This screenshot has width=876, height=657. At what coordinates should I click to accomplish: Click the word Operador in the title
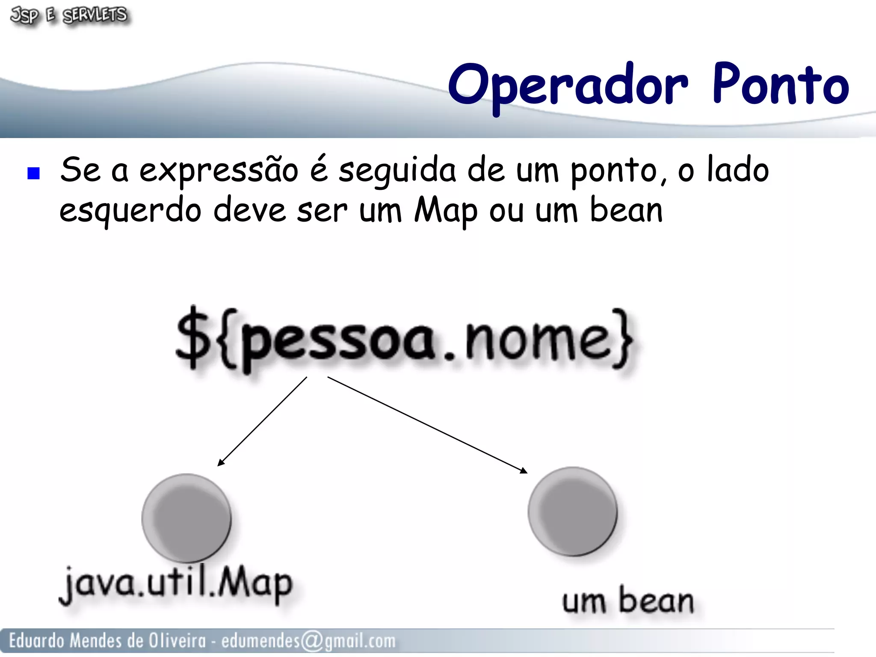click(x=568, y=85)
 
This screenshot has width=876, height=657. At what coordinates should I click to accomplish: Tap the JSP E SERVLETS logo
click(x=68, y=15)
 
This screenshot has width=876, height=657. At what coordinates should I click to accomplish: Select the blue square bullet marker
click(x=33, y=173)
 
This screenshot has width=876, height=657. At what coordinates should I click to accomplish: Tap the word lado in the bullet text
click(x=737, y=170)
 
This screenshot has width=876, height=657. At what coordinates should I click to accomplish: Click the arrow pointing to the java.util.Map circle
click(x=262, y=421)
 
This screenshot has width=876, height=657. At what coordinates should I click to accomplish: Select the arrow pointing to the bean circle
click(x=428, y=425)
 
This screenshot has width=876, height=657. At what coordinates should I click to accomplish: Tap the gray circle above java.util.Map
click(x=186, y=518)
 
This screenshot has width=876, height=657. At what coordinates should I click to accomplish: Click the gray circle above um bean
click(x=572, y=511)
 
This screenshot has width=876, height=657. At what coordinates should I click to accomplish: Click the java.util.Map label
click(x=176, y=584)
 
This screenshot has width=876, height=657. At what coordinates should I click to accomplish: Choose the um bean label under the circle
click(x=627, y=601)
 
